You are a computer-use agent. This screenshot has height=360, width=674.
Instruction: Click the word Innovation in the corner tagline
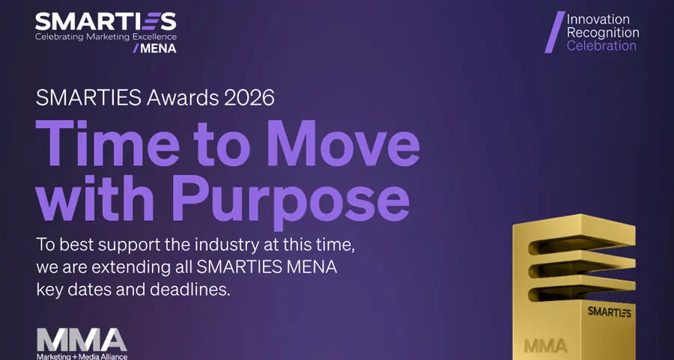point(598,19)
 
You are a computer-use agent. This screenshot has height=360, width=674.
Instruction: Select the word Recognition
point(603,32)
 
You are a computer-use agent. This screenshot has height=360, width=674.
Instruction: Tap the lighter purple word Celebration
point(601,46)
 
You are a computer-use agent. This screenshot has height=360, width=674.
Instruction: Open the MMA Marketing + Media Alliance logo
point(82,342)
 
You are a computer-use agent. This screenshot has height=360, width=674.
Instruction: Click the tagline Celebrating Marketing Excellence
point(105,35)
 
